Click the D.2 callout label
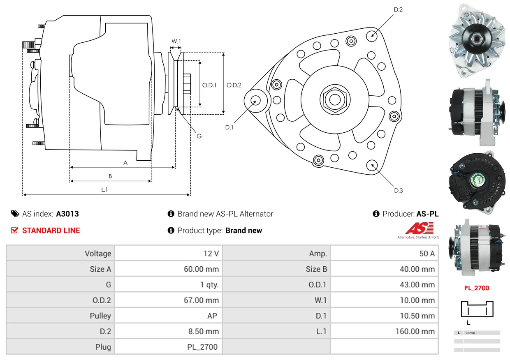click(398, 9)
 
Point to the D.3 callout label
click(398, 190)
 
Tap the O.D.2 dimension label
click(234, 85)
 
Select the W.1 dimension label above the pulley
click(176, 41)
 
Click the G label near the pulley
click(199, 136)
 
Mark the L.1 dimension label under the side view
click(105, 189)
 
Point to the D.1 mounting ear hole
click(256, 100)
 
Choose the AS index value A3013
click(67, 214)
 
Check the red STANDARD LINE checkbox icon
click(15, 230)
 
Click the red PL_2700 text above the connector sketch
click(477, 288)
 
